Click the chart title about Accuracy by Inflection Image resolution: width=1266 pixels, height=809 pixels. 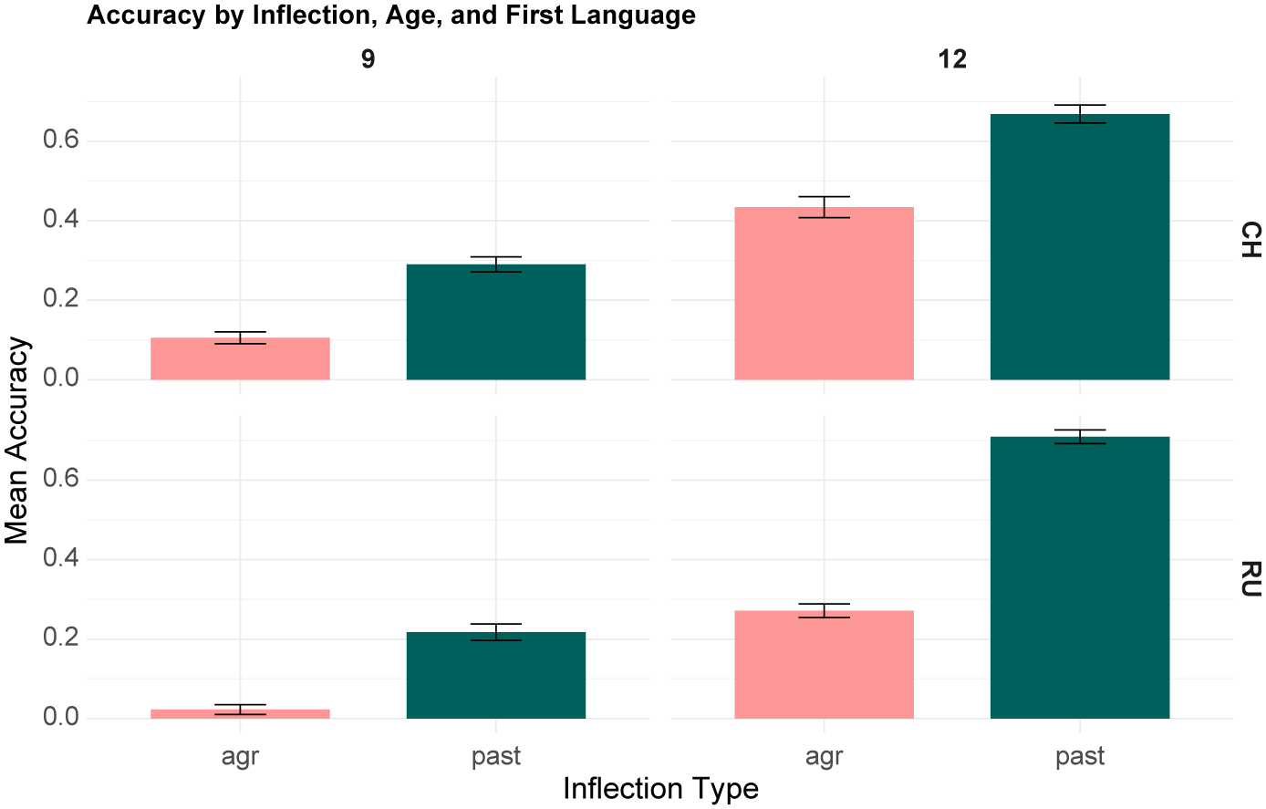[391, 15]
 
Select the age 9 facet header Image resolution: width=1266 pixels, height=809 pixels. [368, 59]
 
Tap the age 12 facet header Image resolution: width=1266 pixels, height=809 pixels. [952, 59]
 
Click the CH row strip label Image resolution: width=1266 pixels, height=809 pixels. [1250, 240]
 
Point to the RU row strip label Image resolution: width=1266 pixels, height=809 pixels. [1250, 579]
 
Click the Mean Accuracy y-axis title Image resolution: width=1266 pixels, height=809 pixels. [16, 441]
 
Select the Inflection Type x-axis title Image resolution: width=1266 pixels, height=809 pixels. [660, 789]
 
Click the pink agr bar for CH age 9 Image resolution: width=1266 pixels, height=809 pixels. [240, 358]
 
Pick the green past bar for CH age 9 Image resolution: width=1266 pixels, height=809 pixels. [495, 322]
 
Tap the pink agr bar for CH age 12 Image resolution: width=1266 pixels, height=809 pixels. [824, 294]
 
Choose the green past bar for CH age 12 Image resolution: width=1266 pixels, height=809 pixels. [1080, 246]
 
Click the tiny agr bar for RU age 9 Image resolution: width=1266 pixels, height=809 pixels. [240, 714]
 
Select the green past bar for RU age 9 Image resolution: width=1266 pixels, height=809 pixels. [495, 675]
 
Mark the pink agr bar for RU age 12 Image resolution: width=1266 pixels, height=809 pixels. [824, 664]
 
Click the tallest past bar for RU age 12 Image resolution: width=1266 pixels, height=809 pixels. [1080, 577]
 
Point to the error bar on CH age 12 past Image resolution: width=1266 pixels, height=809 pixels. [1080, 114]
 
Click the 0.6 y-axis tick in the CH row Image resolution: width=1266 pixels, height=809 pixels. [61, 140]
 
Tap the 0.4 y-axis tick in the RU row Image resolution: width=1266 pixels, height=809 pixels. [61, 558]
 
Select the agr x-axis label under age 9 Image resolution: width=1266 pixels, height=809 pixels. [240, 756]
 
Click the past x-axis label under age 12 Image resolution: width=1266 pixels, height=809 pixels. [1080, 756]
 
